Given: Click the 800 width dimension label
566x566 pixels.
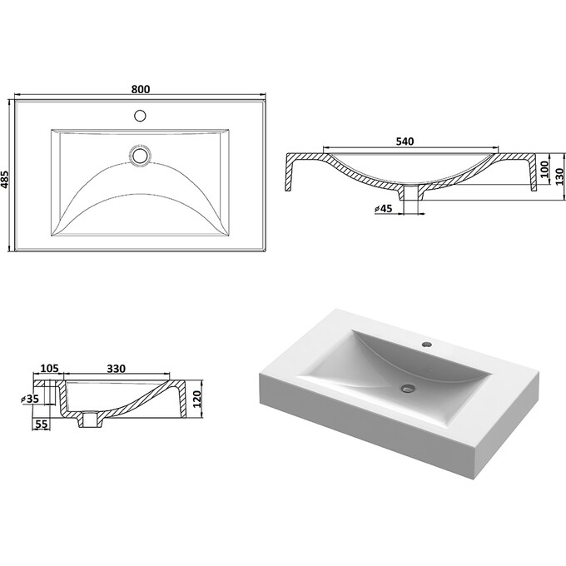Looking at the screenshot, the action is pos(141,89).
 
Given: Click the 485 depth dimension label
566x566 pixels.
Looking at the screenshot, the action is pos(5,179).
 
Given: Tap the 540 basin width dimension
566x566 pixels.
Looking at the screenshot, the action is pos(405,141).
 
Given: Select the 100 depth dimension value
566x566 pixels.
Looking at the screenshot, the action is pos(544,169).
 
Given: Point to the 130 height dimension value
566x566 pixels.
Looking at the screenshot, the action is pos(559,176).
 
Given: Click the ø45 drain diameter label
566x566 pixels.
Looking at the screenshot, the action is pos(384,209).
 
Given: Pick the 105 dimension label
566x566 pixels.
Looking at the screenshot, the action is pos(49,368).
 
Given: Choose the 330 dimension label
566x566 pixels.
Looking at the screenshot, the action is pos(117,369).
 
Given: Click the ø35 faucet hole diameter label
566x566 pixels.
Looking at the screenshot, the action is pos(30,399).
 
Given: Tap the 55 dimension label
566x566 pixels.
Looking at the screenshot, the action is pos(42,424).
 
